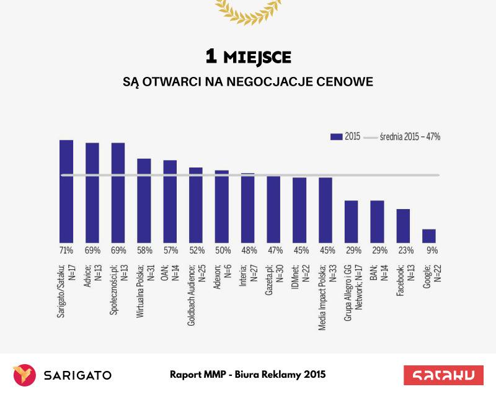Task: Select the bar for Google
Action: [x=429, y=236]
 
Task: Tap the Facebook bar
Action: [x=403, y=226]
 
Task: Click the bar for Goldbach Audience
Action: [x=196, y=205]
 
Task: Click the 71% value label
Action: [x=66, y=251]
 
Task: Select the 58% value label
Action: [x=144, y=251]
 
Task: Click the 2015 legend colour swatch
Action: [x=337, y=136]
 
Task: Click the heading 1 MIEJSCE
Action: [x=248, y=57]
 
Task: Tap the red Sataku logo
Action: [x=443, y=375]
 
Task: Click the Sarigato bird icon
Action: [x=24, y=375]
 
